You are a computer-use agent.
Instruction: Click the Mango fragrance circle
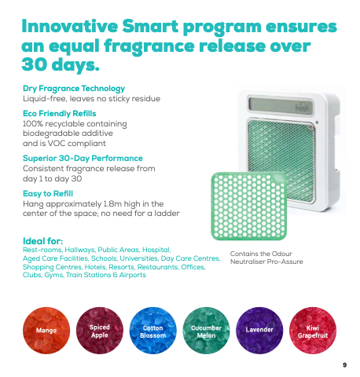click(x=46, y=331)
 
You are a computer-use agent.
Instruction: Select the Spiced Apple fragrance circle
click(x=100, y=331)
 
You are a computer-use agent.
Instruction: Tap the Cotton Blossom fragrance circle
click(x=153, y=331)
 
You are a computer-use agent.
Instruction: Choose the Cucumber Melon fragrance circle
click(x=206, y=331)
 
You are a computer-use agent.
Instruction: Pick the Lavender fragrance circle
click(x=259, y=331)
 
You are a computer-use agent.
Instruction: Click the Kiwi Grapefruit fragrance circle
click(x=313, y=331)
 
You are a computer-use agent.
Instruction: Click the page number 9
click(x=345, y=365)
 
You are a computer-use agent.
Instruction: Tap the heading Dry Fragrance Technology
click(x=74, y=89)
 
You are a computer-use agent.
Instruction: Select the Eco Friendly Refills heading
click(x=60, y=113)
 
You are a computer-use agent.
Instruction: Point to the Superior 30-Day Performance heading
click(x=83, y=158)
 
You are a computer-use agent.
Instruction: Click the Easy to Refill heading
click(x=48, y=193)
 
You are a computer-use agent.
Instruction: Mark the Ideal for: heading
click(x=43, y=241)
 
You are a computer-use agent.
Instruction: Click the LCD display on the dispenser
click(x=281, y=106)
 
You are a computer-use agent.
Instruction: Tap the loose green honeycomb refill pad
click(x=249, y=206)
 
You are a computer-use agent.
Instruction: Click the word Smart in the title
click(x=150, y=27)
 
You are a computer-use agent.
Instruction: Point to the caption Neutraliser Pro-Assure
click(x=266, y=262)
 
